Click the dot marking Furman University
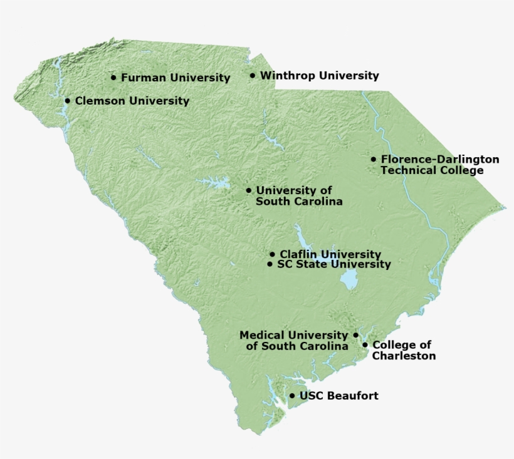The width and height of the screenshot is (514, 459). pyautogui.click(x=113, y=78)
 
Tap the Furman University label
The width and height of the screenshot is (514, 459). pyautogui.click(x=176, y=78)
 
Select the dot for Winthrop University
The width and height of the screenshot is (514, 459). pyautogui.click(x=253, y=76)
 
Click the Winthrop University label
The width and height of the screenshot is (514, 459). pyautogui.click(x=319, y=76)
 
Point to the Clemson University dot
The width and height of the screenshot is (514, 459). pyautogui.click(x=68, y=100)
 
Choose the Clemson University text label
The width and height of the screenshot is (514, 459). pyautogui.click(x=132, y=100)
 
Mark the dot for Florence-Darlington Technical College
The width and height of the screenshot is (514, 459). pyautogui.click(x=374, y=160)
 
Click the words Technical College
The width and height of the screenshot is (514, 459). pyautogui.click(x=432, y=170)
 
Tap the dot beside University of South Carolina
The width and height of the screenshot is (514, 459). pyautogui.click(x=249, y=190)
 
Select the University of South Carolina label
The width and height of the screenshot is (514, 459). pyautogui.click(x=299, y=196)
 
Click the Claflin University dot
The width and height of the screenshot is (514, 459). pyautogui.click(x=272, y=254)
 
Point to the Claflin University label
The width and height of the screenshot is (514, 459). pyautogui.click(x=330, y=254)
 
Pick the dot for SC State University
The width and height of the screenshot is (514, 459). pyautogui.click(x=270, y=264)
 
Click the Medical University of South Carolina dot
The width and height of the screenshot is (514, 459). pyautogui.click(x=356, y=335)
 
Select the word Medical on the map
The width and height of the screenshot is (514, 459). pyautogui.click(x=260, y=335)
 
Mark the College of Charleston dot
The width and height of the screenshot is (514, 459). pyautogui.click(x=365, y=345)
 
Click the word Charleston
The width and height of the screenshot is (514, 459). pyautogui.click(x=404, y=356)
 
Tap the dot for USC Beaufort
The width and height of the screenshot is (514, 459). pyautogui.click(x=292, y=396)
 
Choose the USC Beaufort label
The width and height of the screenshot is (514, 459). pyautogui.click(x=338, y=396)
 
